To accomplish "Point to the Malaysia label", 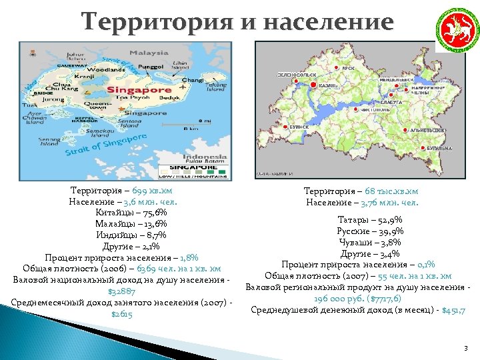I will (x=148, y=53).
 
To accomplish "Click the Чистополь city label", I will (x=375, y=107).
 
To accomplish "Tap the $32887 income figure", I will (x=121, y=291).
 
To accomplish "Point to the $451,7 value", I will (x=453, y=310).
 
